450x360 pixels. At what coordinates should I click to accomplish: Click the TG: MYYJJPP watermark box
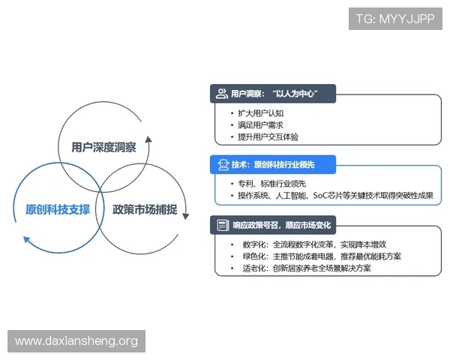(x=395, y=18)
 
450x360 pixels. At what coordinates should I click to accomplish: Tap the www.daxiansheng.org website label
(x=76, y=341)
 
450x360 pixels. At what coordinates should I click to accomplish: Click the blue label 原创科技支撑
(x=52, y=209)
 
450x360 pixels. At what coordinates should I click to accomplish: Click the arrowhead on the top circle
(x=148, y=140)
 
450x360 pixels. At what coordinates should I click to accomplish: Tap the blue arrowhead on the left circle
(x=27, y=240)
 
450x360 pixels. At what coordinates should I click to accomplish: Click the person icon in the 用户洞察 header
(x=221, y=94)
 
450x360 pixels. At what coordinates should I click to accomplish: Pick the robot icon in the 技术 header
(x=222, y=163)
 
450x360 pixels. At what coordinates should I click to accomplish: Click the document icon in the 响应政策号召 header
(x=222, y=224)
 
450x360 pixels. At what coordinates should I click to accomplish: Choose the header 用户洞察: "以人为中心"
(x=274, y=94)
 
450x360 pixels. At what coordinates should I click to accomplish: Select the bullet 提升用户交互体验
(x=269, y=137)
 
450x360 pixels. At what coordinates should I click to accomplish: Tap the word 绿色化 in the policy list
(x=254, y=256)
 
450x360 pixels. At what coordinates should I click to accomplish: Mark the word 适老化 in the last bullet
(x=254, y=268)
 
